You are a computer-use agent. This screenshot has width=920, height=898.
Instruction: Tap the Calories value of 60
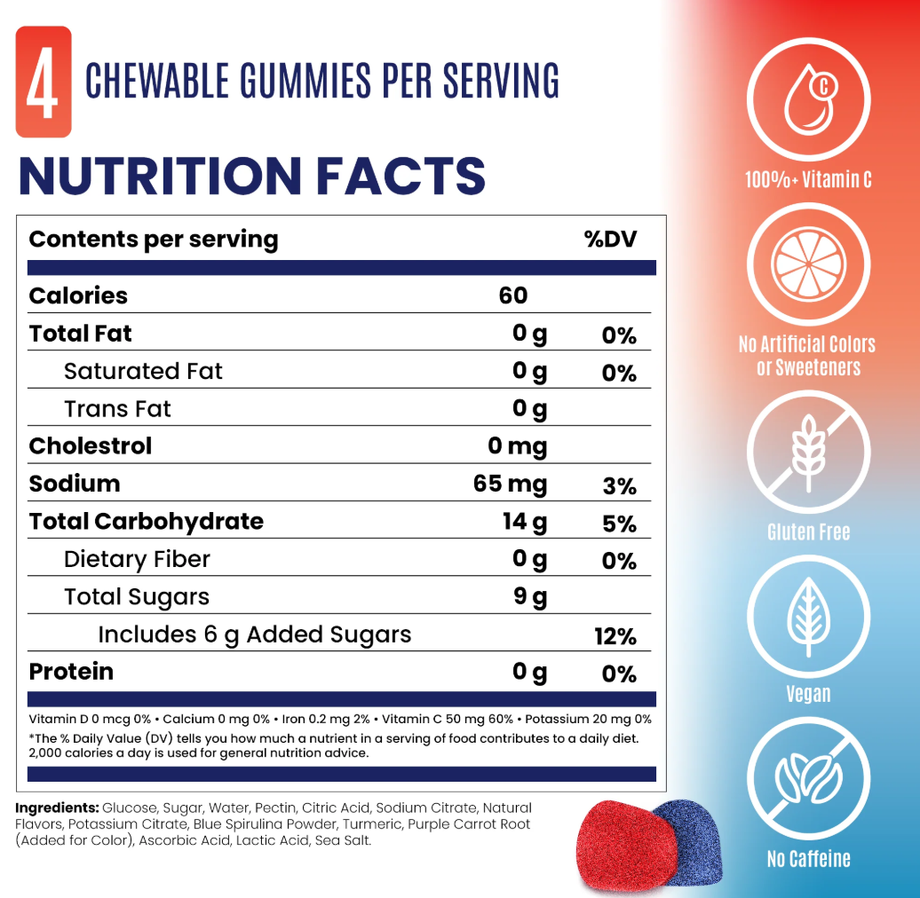513,295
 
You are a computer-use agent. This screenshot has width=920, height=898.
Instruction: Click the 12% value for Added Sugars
615,636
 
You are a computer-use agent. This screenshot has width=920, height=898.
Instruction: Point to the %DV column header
610,240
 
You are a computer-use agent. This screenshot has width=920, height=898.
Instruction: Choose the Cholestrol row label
91,445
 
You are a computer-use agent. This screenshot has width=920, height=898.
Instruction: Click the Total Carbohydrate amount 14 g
524,522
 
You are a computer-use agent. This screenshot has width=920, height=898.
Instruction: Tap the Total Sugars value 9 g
530,597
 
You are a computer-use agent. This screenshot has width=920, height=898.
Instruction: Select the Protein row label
71,672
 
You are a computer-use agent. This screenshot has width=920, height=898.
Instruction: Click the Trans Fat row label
117,408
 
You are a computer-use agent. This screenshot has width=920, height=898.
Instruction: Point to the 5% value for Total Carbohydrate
619,524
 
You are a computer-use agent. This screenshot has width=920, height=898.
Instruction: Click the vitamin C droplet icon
808,98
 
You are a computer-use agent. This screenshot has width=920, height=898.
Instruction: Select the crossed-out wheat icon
808,452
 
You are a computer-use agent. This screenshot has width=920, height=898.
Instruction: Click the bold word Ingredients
57,808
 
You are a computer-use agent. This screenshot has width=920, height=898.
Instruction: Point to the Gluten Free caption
808,532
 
